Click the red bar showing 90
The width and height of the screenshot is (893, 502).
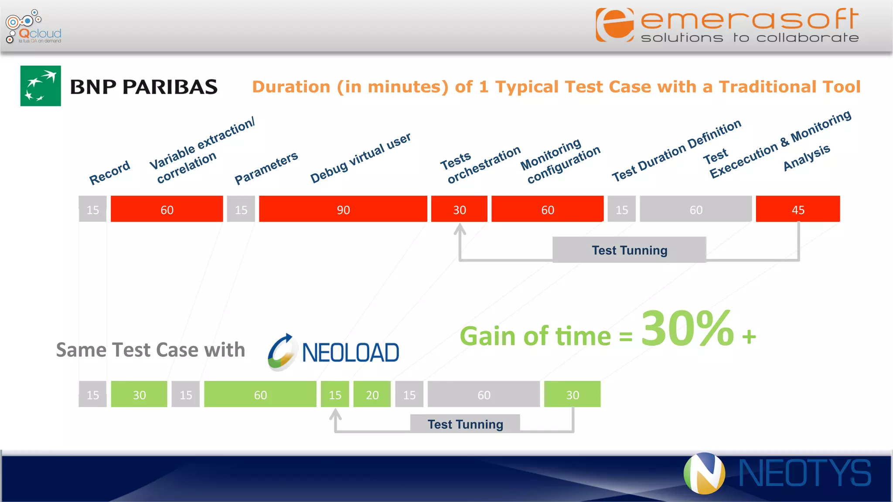[343, 209]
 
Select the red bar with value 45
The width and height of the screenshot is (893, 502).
[798, 209]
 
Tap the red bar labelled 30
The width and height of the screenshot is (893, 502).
[459, 209]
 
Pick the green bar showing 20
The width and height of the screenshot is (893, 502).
[372, 394]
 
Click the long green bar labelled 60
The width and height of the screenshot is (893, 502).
[260, 394]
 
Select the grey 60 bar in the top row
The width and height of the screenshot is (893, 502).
[695, 209]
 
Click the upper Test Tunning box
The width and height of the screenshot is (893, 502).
[629, 250]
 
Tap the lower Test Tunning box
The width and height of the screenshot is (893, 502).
[465, 424]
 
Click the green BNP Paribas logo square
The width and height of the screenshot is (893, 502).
[41, 86]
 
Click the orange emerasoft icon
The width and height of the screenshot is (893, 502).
[615, 25]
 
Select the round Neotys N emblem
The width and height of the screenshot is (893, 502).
[704, 473]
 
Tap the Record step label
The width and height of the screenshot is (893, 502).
[109, 173]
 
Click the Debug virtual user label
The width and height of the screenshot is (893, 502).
[360, 158]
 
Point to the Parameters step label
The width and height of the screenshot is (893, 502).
[266, 168]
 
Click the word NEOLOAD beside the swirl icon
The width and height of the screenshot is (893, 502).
[350, 353]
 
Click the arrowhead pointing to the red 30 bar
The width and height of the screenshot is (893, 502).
[460, 229]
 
